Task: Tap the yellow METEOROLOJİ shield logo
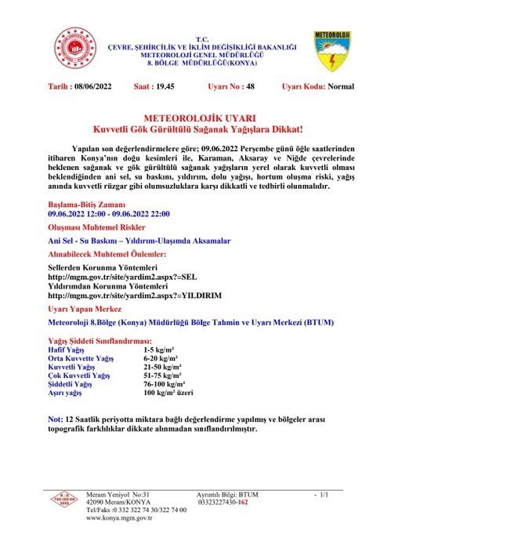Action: [332, 52]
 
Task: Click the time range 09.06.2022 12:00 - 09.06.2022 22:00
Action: [108, 213]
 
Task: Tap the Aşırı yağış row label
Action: [67, 393]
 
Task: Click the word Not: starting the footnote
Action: [56, 420]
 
